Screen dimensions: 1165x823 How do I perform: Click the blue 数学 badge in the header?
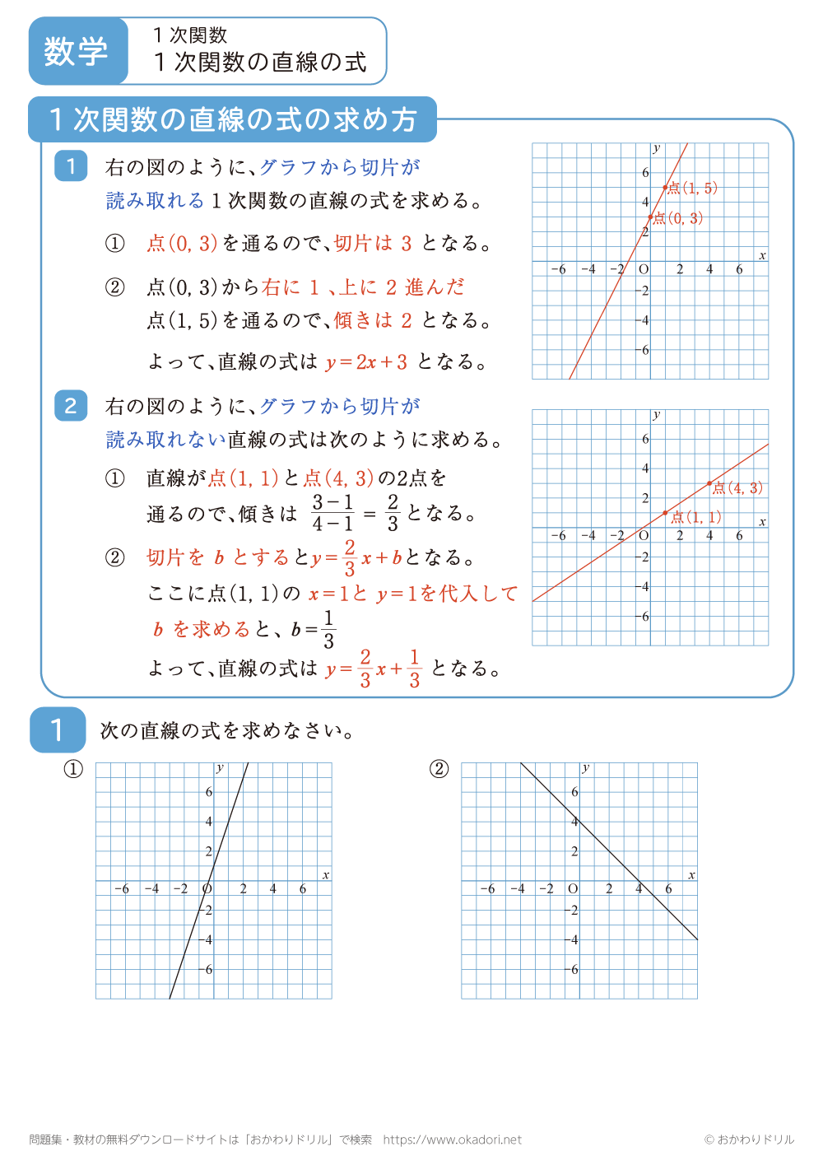pos(77,51)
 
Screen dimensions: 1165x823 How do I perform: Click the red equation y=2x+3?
pos(366,362)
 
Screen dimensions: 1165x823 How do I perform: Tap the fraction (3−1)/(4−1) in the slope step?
pos(332,513)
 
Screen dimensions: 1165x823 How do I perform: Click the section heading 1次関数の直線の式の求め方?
pos(233,120)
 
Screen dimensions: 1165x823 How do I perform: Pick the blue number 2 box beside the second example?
pos(71,406)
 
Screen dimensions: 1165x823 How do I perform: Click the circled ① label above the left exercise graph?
pos(74,769)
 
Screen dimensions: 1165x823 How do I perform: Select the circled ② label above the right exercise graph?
pos(439,769)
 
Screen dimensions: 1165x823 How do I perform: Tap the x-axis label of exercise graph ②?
pos(691,875)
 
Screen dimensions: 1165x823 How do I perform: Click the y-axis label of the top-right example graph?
pos(656,148)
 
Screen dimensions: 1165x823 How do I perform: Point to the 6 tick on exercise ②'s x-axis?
pos(668,889)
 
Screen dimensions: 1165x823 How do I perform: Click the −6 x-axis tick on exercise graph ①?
pos(122,889)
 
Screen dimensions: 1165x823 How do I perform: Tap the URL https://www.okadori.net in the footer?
pos(452,1139)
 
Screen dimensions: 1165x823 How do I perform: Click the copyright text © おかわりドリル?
pos(749,1139)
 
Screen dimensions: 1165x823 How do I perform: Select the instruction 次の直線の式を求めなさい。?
pos(228,731)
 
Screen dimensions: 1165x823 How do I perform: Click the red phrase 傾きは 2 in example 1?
pos(373,320)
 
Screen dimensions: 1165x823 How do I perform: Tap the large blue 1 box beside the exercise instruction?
pos(57,729)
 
